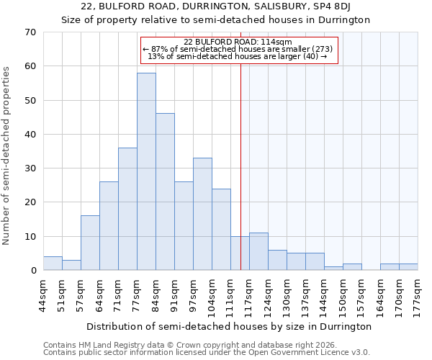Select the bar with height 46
[165, 192]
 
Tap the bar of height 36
[127, 209]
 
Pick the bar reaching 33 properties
[202, 214]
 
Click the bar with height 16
[90, 243]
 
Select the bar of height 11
[258, 251]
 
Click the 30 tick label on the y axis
[30, 168]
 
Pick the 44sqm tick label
[44, 294]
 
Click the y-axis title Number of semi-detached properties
[8, 156]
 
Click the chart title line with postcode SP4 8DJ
[216, 6]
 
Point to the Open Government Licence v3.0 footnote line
[207, 353]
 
